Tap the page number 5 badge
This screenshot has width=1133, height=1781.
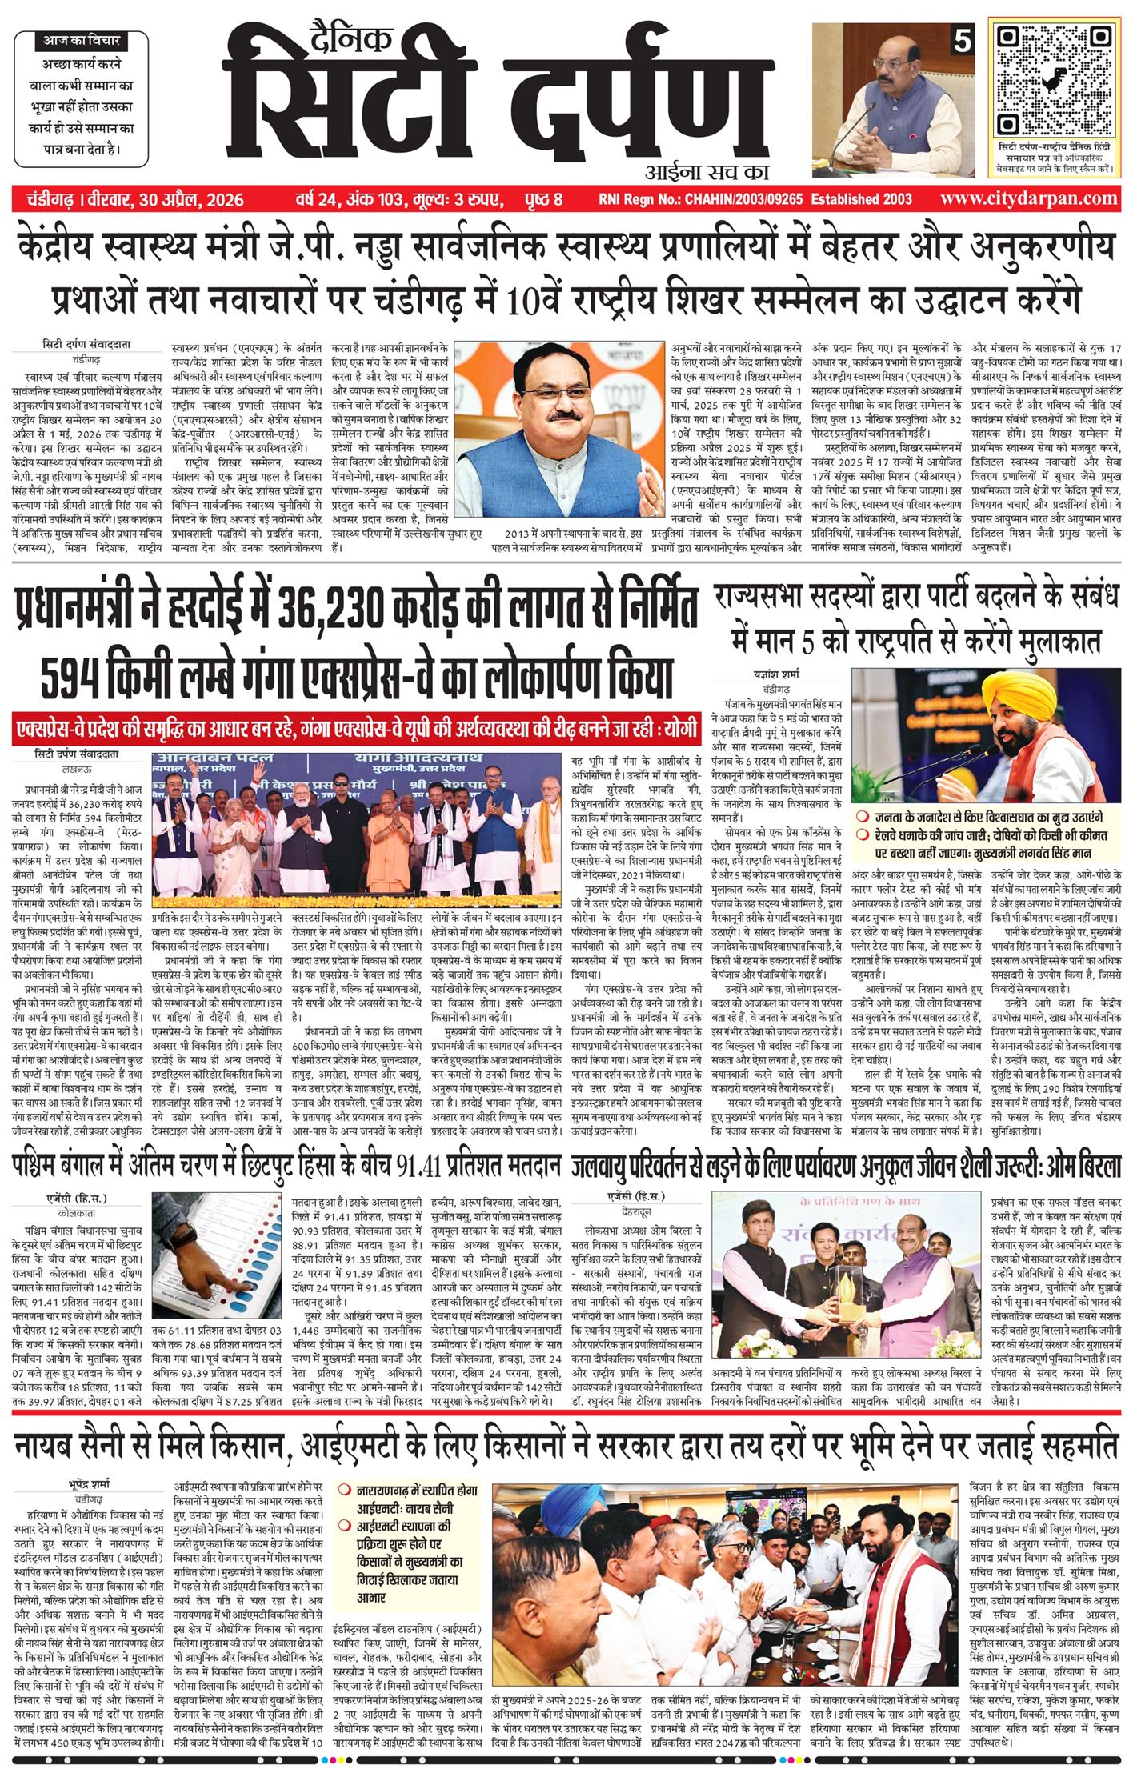click(959, 41)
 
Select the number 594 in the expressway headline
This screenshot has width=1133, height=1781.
click(82, 679)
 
